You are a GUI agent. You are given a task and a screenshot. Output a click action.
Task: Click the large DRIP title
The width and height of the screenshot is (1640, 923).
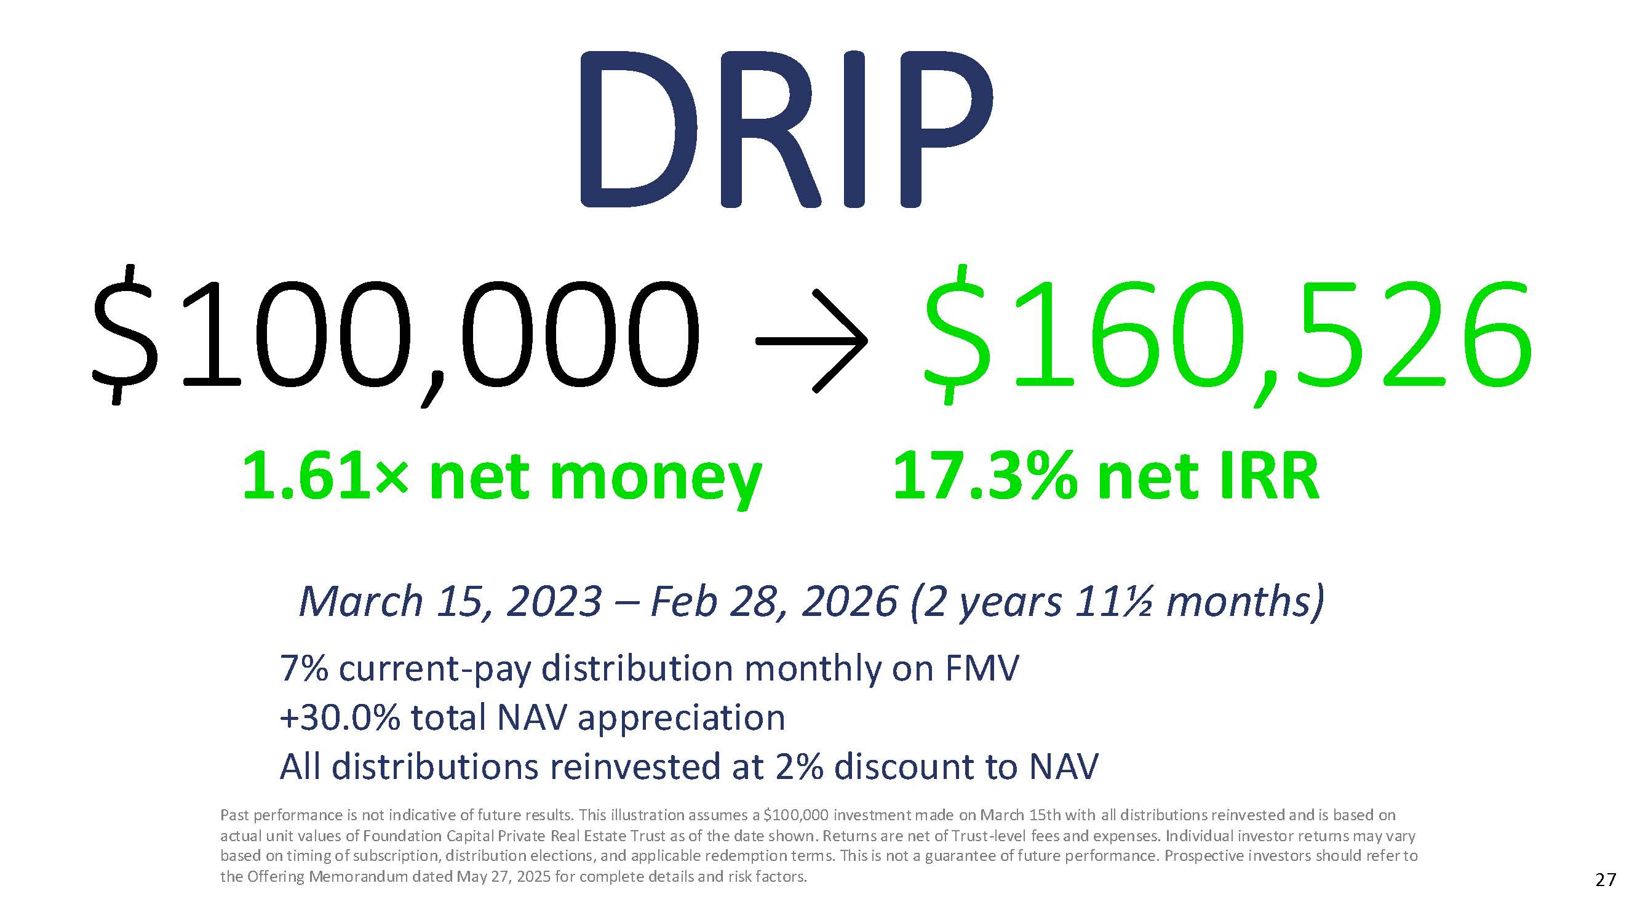[784, 129]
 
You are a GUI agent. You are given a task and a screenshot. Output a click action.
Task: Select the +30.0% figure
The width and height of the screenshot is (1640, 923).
[340, 718]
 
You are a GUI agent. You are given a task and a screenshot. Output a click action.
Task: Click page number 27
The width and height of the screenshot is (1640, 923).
[1606, 881]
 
